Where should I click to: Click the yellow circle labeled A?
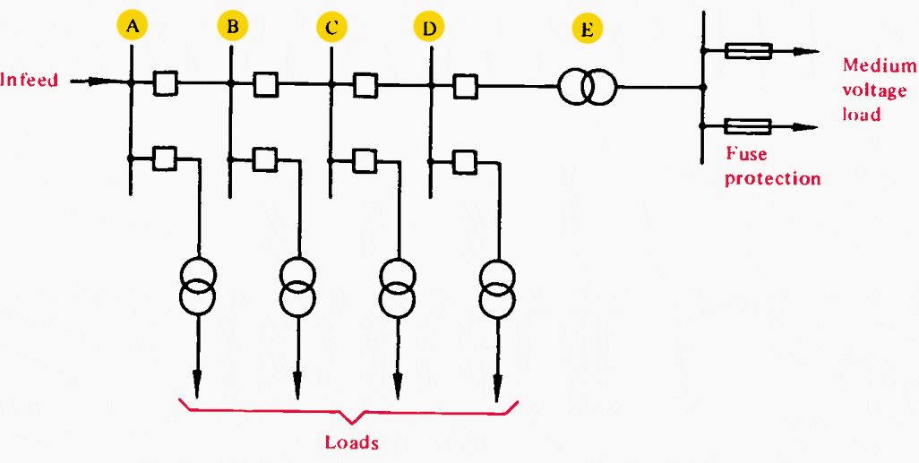(x=133, y=27)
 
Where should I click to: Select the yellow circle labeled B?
(x=232, y=27)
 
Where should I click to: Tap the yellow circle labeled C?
(x=331, y=28)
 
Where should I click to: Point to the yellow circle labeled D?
(x=430, y=28)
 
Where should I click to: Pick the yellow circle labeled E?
(x=587, y=30)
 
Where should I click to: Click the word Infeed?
(x=30, y=81)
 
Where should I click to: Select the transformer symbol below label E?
(x=587, y=87)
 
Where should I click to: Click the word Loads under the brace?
(x=351, y=442)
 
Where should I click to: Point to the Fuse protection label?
(x=772, y=167)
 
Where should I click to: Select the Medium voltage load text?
(x=879, y=90)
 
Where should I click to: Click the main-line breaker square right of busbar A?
(x=165, y=84)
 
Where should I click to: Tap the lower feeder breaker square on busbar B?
(x=264, y=159)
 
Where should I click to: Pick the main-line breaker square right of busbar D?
(x=464, y=86)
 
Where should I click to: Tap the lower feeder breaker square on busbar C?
(x=364, y=160)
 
